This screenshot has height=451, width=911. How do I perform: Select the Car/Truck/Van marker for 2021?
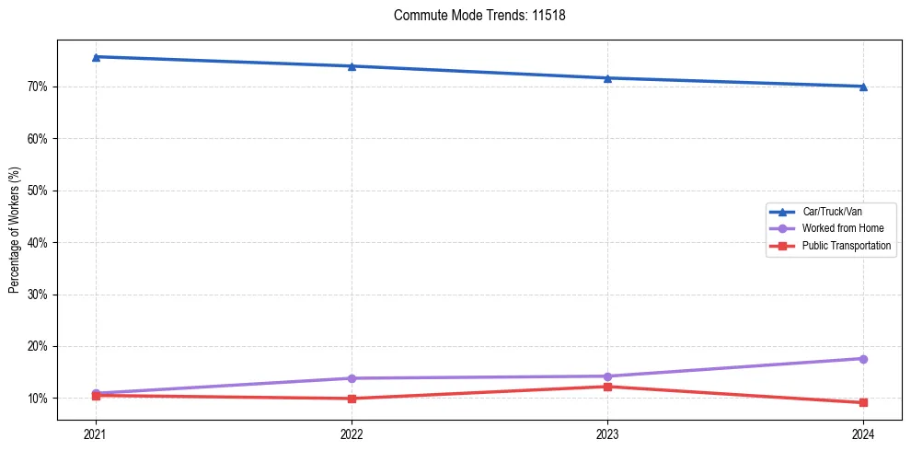coord(96,57)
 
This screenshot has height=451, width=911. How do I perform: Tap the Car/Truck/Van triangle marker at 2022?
coord(352,66)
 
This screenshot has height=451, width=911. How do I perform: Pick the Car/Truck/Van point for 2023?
coord(607,78)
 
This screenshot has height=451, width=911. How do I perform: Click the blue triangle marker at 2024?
coord(863,87)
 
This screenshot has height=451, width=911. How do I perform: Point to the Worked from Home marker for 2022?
coord(352,378)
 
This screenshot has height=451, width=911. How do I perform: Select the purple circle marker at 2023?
coord(607,376)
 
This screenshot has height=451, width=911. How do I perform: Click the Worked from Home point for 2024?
coord(863,359)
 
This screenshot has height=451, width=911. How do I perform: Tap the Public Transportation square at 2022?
coord(352,399)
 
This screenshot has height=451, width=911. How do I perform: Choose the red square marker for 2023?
coord(607,387)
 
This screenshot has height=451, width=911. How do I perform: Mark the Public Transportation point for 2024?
coord(863,403)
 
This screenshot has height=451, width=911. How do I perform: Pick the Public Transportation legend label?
coord(846,246)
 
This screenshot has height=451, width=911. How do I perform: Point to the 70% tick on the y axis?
coord(40,87)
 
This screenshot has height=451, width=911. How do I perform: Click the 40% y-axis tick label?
coord(40,243)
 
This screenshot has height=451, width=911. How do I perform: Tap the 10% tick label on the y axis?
coord(40,399)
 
